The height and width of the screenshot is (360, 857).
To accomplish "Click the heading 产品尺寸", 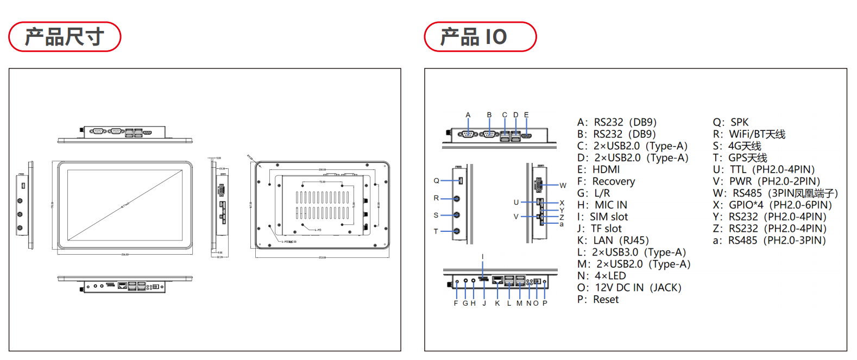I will [65, 37].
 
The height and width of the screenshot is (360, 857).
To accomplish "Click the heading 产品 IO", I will [474, 37].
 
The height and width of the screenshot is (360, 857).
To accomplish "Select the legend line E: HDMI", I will [598, 169].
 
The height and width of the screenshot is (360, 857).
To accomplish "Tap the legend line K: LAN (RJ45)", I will [613, 241].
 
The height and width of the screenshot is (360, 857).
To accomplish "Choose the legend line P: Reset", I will [598, 300].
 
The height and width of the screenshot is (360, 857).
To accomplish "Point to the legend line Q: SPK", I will [730, 122].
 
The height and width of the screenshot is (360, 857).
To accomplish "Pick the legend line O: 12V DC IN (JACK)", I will [629, 288].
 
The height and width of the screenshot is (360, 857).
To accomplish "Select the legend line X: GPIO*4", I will [772, 205].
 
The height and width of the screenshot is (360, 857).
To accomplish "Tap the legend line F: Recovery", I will [606, 181].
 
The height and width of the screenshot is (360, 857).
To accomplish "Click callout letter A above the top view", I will [468, 115].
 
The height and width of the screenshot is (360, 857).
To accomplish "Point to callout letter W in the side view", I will [563, 186].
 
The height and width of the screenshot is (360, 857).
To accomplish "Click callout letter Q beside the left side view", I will [436, 181].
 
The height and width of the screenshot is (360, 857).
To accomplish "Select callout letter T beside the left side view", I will [436, 231].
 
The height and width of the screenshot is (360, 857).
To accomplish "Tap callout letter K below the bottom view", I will [497, 304].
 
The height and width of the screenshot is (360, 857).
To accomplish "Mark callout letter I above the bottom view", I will [482, 257].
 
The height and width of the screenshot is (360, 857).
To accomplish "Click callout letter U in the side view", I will [516, 203].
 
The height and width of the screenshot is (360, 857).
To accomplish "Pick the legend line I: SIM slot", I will [603, 217].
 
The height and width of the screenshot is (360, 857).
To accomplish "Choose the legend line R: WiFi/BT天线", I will [749, 134].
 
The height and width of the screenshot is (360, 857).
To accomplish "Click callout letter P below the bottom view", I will [545, 304].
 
